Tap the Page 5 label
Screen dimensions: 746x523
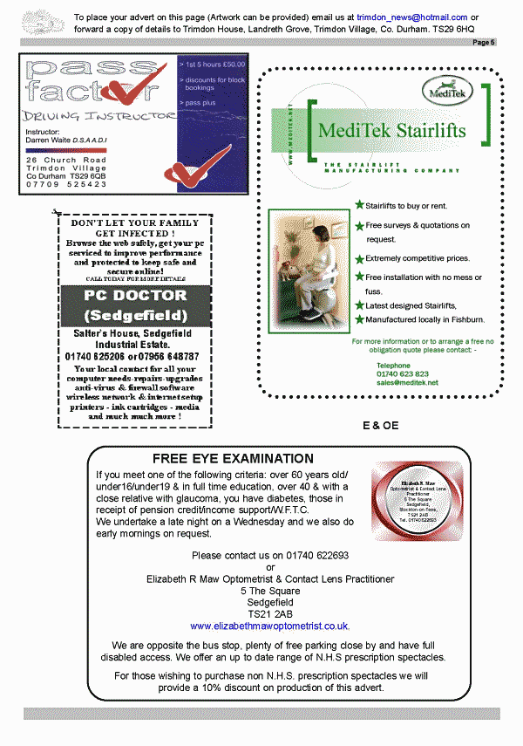tap(484, 42)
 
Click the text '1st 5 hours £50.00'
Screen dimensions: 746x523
tap(214, 64)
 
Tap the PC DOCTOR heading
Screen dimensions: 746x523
tap(135, 295)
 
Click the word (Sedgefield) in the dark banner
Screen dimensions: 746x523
tap(135, 314)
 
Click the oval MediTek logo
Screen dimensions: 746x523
tap(444, 88)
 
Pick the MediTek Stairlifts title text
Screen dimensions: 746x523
tap(392, 131)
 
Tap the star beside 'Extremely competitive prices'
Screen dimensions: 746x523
tap(359, 258)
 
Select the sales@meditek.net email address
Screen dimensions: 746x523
tap(407, 382)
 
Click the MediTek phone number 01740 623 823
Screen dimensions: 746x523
tap(403, 373)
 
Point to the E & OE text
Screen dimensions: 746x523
tap(380, 425)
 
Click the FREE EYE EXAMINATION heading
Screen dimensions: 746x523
tap(233, 458)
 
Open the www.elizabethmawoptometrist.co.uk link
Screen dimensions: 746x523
tap(269, 626)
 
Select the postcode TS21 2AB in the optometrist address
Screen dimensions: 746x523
tap(269, 613)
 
